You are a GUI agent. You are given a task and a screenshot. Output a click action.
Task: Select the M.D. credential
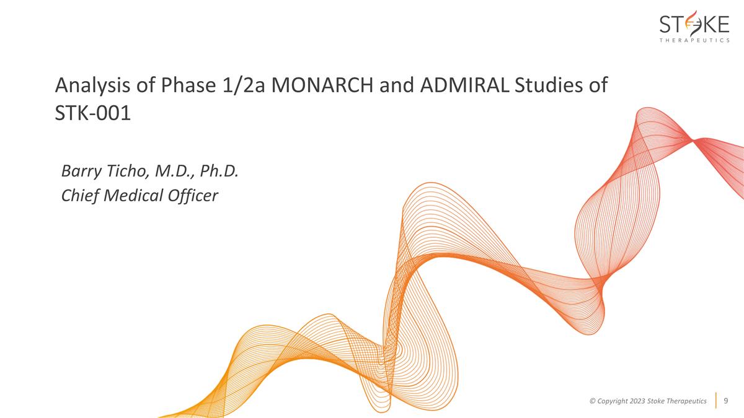click(174, 170)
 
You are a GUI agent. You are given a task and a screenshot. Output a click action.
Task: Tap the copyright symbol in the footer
click(593, 401)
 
